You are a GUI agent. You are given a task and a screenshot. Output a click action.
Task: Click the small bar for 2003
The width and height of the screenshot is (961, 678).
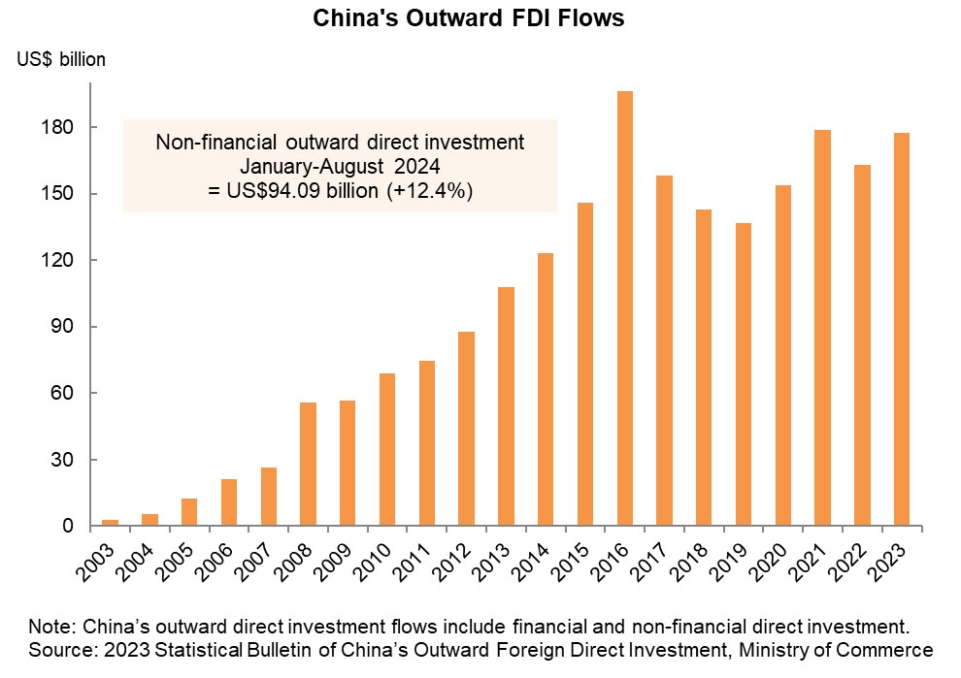pos(110,523)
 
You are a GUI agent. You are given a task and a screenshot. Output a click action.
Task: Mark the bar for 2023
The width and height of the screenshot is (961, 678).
pos(902,330)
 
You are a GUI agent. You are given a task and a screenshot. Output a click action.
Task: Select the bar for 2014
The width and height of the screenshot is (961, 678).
pos(546,389)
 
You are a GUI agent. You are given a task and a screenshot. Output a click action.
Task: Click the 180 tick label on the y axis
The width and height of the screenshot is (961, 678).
pos(60,128)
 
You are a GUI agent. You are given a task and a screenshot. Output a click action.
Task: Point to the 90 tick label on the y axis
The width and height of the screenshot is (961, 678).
pos(64,327)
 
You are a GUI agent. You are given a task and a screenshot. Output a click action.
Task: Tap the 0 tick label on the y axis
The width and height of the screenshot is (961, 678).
pos(69,527)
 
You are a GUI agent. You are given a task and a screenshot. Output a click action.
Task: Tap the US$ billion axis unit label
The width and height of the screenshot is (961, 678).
pos(61,59)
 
